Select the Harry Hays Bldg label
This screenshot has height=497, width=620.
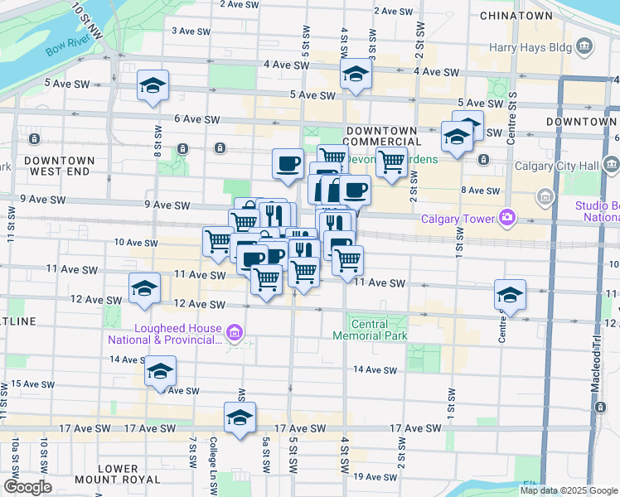[x=530, y=47]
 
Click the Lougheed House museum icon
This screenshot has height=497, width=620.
[x=235, y=334]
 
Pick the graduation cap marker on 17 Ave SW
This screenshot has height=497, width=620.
[x=240, y=417]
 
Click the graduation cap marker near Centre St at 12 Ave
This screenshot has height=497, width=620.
[x=510, y=294]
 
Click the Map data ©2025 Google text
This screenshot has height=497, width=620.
[x=568, y=490]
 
